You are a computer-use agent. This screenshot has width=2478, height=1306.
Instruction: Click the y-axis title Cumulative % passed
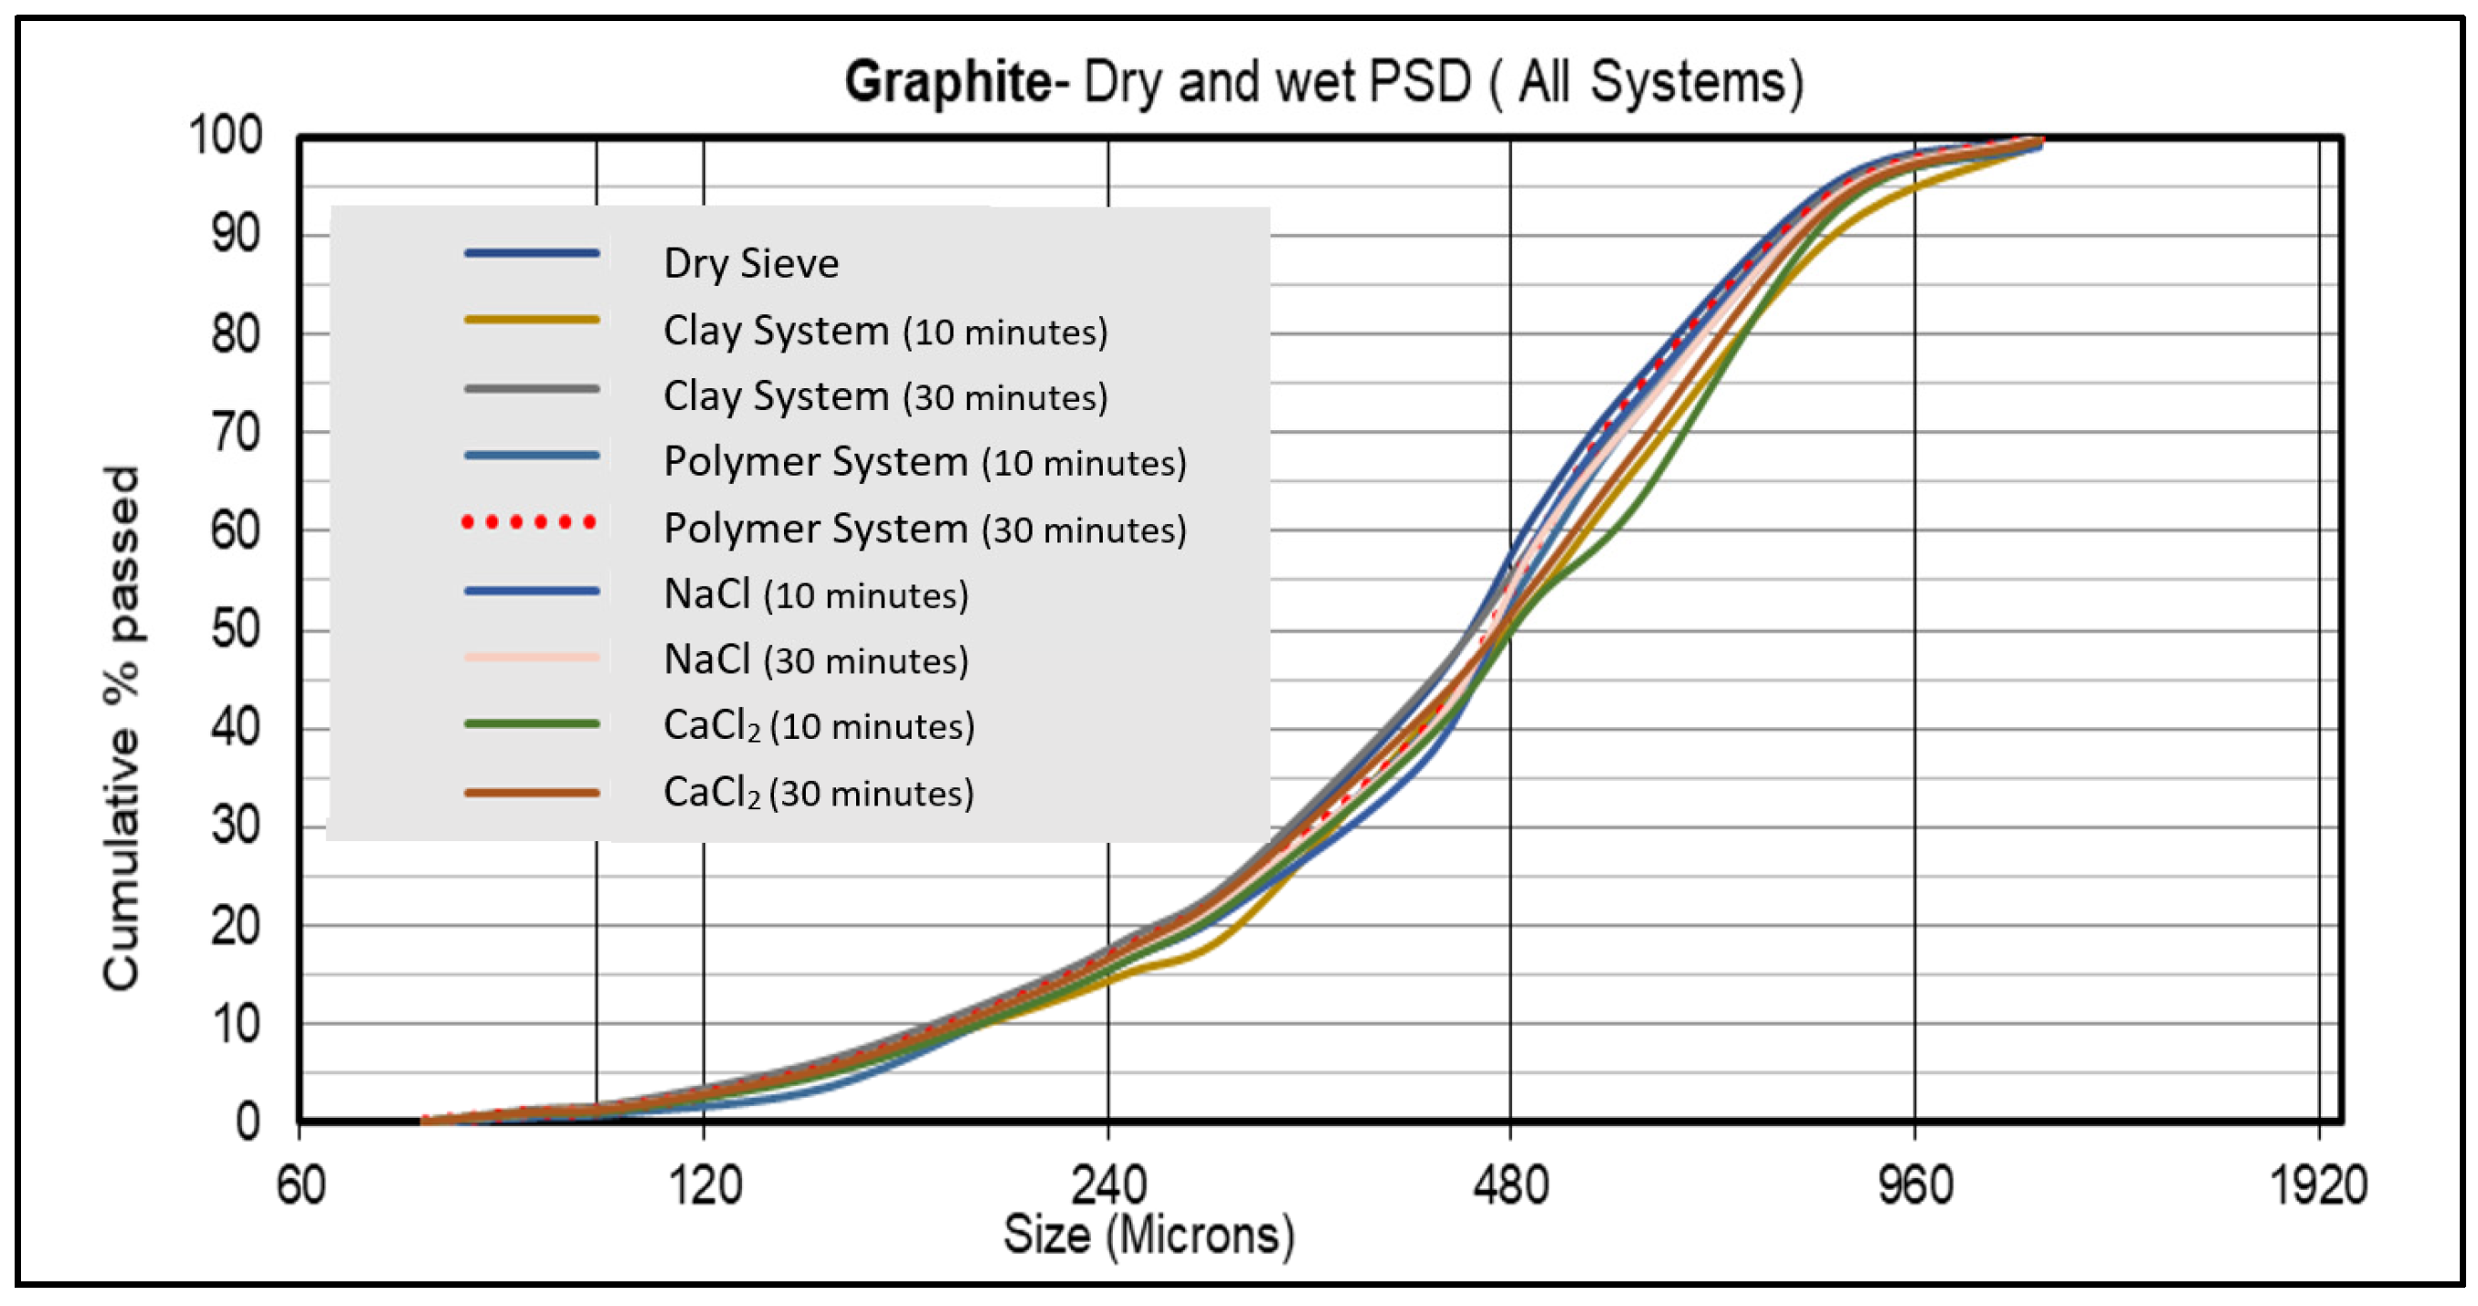coord(122,728)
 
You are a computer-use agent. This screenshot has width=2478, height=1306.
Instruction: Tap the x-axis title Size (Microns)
coord(1149,1234)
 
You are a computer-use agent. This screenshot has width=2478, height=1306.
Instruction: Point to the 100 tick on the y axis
coord(225,135)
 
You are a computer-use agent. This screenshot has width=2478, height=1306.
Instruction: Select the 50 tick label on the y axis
coord(236,630)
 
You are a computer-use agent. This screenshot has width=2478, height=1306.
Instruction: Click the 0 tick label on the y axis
coord(249,1122)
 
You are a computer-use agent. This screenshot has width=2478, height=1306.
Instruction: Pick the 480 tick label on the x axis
coord(1510,1185)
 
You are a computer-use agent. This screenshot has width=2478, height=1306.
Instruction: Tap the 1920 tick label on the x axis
coord(2318,1185)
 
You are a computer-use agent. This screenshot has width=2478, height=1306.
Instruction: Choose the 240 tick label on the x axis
coord(1108,1185)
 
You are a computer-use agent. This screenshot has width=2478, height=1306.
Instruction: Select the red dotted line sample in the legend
coord(530,522)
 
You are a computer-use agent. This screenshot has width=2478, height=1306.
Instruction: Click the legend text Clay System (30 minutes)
coord(885,396)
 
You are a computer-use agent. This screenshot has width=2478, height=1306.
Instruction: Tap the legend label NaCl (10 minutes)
coord(816,595)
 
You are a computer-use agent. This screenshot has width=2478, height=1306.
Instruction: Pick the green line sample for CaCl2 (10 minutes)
coord(532,724)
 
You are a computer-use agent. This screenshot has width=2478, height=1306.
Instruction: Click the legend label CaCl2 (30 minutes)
coord(819,793)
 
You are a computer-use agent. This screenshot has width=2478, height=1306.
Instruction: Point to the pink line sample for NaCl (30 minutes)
coord(532,658)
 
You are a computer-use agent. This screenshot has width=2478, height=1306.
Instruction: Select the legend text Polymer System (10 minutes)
coord(925,461)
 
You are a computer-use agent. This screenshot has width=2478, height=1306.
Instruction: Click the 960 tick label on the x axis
coord(1914,1185)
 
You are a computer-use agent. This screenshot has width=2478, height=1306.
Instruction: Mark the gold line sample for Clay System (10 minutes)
coord(532,320)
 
